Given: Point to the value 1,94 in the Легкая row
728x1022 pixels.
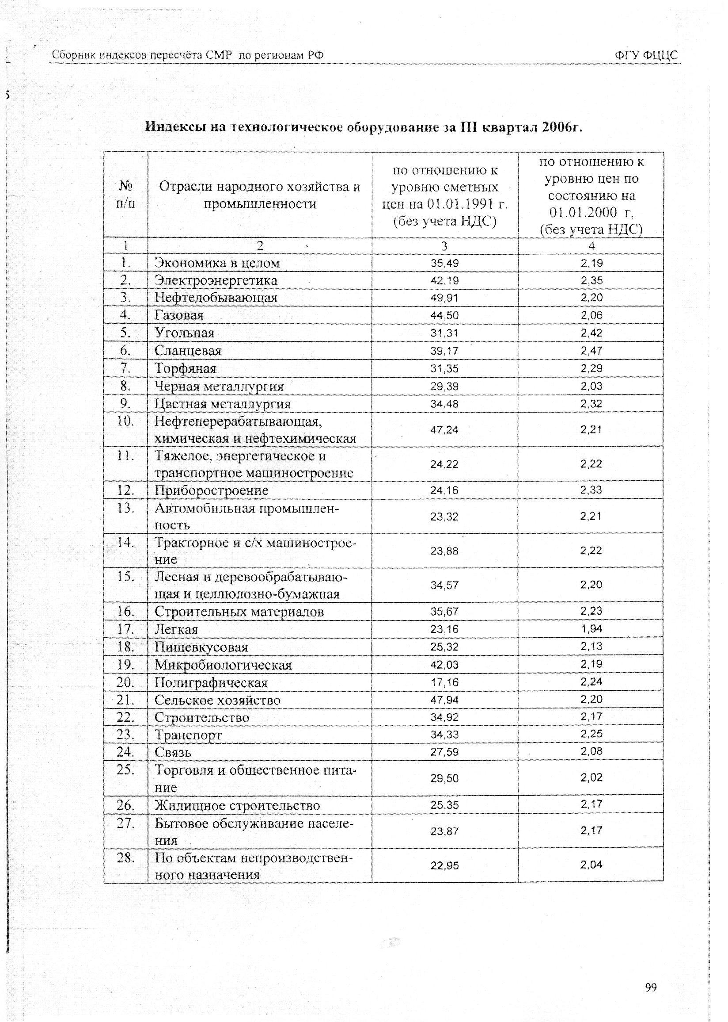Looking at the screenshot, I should coord(591,629).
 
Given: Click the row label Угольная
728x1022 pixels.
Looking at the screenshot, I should coord(184,333).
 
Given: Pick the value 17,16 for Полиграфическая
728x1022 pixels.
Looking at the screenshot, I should coord(444,682).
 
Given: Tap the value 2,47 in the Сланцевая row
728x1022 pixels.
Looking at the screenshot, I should coord(591,351).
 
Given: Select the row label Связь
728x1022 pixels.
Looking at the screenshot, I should coord(173,752).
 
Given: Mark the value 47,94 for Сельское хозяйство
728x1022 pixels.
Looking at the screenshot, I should coord(444,700).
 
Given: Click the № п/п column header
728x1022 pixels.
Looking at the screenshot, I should coord(125,195).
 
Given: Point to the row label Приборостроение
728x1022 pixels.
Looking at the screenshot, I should coord(211,490).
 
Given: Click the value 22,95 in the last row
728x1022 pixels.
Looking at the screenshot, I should coord(444,865).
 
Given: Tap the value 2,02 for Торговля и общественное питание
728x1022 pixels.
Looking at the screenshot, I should coord(591,777).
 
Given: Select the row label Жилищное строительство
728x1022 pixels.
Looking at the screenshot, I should coord(237,805).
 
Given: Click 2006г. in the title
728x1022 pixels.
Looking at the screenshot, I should coord(561,127).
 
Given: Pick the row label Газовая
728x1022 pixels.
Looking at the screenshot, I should coord(179,315).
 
